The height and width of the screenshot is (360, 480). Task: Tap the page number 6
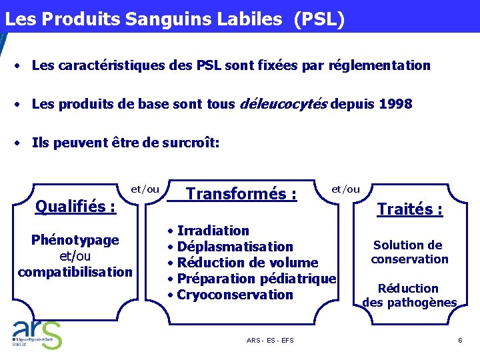(460, 341)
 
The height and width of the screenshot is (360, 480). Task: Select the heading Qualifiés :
(75, 207)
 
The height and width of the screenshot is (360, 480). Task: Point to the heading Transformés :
(241, 194)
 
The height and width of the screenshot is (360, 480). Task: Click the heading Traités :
(409, 209)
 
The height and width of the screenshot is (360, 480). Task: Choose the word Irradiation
(213, 231)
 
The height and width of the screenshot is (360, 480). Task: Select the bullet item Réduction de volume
(247, 263)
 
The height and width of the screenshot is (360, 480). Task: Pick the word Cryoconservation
(235, 295)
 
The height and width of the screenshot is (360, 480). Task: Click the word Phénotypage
(75, 240)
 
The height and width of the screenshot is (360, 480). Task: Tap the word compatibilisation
(75, 272)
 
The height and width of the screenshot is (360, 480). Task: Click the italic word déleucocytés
(283, 104)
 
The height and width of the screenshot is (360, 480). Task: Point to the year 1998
(395, 104)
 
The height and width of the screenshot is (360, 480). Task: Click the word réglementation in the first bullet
(383, 65)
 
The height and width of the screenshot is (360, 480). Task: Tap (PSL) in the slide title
(318, 19)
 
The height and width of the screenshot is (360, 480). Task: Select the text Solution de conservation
(409, 252)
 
